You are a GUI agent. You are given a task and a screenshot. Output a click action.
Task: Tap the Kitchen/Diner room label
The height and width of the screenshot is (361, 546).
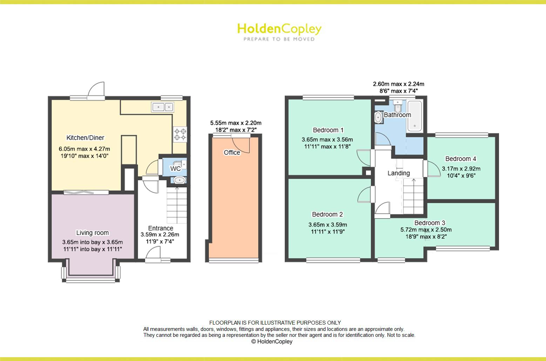coord(85,138)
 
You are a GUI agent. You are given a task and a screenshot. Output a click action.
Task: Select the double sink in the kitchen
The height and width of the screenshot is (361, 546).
coord(163,106)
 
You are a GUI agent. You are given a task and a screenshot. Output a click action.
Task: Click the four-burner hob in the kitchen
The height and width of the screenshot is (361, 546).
coord(180,134)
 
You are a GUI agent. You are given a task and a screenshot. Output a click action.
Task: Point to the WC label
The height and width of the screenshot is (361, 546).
coord(175,169)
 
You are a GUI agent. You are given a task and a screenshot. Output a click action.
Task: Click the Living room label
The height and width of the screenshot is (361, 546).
coord(93,233)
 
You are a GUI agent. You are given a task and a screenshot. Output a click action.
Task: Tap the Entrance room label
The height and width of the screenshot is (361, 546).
coord(160,228)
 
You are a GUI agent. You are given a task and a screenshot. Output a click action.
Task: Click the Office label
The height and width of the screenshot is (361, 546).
coord(232,152)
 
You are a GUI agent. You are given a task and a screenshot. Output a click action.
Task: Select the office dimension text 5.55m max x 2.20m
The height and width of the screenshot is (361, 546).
coord(236,123)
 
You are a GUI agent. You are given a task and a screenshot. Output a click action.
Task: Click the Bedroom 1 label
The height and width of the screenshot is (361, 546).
coord(328,130)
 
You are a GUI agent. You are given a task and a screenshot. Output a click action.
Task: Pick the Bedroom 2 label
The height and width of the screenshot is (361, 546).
coord(327,214)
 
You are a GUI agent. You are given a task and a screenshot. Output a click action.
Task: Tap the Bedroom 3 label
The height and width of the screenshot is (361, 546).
coord(430,223)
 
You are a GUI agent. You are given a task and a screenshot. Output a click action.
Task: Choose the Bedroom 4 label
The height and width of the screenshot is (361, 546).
coord(460,159)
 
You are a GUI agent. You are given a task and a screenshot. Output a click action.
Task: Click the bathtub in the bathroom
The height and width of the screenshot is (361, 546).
coord(415,116)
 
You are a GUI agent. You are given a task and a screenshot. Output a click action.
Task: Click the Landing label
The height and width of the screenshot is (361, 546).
coord(398,173)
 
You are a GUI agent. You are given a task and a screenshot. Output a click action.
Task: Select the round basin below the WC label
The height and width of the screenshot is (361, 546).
coord(180,180)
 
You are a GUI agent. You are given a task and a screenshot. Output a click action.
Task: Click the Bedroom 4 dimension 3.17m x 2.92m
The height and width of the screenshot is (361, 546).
coord(461,168)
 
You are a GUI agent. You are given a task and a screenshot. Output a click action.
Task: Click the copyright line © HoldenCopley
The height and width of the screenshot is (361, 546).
coord(272,341)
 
